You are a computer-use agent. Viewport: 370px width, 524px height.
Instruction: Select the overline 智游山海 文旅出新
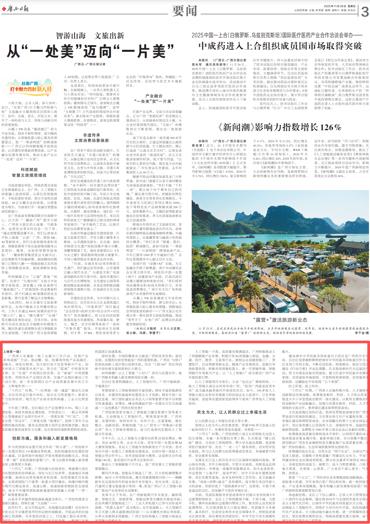coord(90,35)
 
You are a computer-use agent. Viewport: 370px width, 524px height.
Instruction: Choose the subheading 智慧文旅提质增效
coord(29,175)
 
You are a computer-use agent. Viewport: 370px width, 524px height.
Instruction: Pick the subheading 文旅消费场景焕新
coord(91,140)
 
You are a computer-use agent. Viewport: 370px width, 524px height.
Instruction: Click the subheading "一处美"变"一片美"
coord(153,101)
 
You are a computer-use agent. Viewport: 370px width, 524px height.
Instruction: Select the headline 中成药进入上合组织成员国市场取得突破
coord(280,46)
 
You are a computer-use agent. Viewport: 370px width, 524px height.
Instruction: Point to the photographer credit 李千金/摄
coord(361,333)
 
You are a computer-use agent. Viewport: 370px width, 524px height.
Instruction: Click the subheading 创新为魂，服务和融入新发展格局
coord(45,438)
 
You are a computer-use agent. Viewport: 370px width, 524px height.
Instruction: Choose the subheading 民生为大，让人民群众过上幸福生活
coord(232,412)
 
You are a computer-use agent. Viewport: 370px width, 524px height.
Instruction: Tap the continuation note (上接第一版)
coord(12,352)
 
